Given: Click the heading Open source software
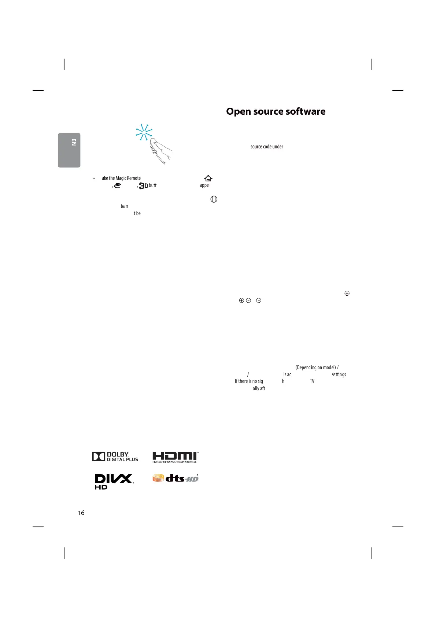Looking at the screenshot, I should click(x=276, y=111).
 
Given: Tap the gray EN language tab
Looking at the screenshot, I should click(x=69, y=150).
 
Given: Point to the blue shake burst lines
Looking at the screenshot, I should click(x=144, y=132).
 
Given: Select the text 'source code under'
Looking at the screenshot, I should click(x=267, y=147).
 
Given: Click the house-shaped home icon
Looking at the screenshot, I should click(x=208, y=178).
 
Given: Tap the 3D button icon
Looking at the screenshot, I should click(x=143, y=186).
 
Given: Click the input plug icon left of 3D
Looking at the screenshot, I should click(x=118, y=186).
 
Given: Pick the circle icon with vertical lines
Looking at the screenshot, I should click(x=214, y=199).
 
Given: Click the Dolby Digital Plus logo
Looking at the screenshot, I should click(x=115, y=457).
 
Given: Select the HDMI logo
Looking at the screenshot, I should click(x=175, y=457).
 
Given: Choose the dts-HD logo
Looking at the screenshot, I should click(x=175, y=478).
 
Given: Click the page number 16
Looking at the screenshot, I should click(x=81, y=513).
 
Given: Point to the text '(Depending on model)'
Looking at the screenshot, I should click(x=315, y=367).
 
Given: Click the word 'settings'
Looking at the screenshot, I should click(x=339, y=374).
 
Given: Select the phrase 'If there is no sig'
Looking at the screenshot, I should click(x=249, y=381).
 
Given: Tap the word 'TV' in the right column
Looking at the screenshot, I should click(x=312, y=381).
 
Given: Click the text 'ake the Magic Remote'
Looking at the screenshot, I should click(x=121, y=178).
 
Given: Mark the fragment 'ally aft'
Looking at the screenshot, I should click(x=259, y=388).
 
